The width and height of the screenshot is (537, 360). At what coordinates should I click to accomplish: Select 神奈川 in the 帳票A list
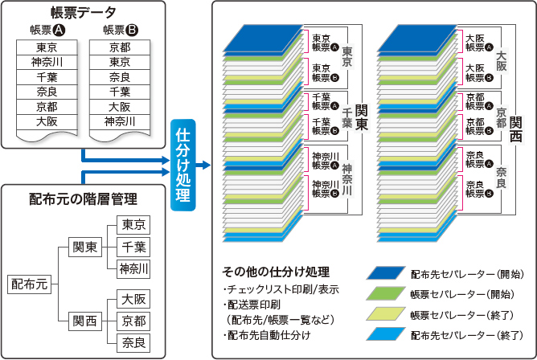[x=47, y=62]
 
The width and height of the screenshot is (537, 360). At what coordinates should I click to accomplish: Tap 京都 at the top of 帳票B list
[x=120, y=47]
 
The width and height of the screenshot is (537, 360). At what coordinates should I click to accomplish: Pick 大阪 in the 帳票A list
[x=47, y=121]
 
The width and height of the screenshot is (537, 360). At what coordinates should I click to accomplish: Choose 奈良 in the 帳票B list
[x=120, y=76]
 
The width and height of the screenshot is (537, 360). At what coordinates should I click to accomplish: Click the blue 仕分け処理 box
[x=183, y=164]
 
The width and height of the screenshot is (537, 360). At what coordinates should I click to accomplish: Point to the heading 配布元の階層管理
[x=83, y=198]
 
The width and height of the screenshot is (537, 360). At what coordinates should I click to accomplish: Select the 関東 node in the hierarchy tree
[x=84, y=246]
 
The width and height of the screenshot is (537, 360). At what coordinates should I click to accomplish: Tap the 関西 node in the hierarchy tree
[x=84, y=321]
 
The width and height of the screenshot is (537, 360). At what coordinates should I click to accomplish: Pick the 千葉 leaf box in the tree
[x=133, y=246]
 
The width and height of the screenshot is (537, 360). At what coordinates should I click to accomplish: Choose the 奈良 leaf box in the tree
[x=133, y=342]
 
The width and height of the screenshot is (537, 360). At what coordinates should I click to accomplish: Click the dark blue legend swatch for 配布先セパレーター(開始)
[x=387, y=273]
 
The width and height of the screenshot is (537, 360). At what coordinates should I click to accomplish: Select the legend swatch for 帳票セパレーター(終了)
[x=387, y=313]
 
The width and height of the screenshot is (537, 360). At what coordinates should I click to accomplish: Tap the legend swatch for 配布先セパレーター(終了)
[x=387, y=333]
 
